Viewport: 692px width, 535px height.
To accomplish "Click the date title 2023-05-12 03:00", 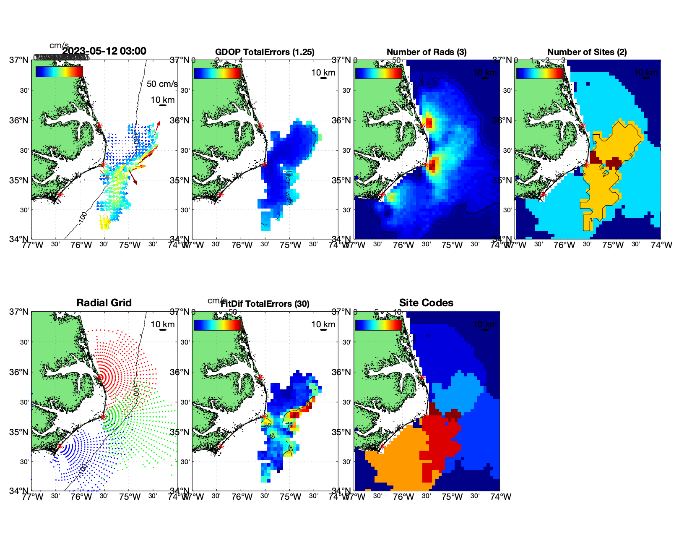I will [104, 51].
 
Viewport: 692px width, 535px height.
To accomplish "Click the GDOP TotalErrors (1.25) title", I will [265, 52].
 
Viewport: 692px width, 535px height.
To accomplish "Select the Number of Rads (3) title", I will [427, 52].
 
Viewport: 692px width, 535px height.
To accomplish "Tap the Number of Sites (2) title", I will [587, 52].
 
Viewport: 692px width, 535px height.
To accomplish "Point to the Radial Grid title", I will [104, 303].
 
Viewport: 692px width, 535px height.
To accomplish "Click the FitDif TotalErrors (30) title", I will [265, 304].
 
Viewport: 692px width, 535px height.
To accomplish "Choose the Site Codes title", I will [426, 303].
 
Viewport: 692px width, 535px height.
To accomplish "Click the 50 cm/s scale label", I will [162, 84].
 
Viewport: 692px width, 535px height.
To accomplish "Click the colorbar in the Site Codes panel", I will [378, 325].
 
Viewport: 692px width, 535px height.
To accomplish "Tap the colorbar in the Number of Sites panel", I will [540, 73].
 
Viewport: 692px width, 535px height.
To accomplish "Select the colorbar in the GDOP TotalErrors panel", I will [217, 73].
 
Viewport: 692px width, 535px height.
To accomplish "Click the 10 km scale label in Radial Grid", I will [163, 324].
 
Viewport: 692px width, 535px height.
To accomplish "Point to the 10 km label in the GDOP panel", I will [323, 73].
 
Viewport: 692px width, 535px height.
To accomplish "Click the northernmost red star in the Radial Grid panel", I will [100, 378].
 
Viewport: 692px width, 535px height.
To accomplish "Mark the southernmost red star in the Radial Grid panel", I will [60, 446].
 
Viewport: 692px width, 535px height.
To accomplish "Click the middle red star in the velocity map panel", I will [103, 164].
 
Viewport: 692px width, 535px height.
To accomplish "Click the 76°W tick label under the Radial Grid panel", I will [81, 497].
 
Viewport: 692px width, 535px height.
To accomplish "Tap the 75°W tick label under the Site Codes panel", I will [452, 497].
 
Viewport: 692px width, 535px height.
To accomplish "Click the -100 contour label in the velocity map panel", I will [83, 217].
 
